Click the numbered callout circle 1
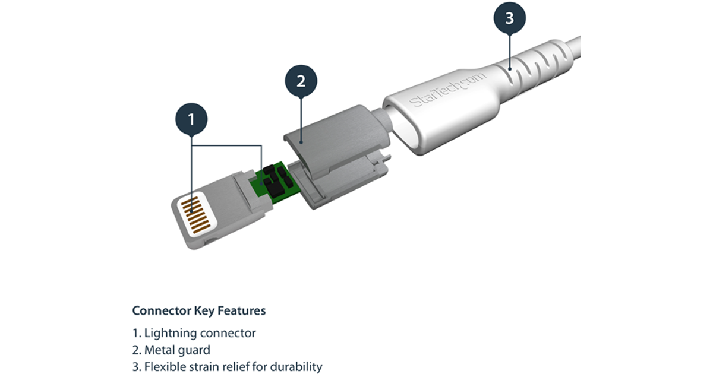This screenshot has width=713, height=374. (191, 119)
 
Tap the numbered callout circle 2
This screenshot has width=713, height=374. (301, 80)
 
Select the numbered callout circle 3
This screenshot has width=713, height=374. (509, 18)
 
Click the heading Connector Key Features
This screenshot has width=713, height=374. (198, 310)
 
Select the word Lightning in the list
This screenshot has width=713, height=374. (170, 333)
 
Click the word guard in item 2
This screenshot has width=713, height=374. (193, 350)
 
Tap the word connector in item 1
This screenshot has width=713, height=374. (228, 333)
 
